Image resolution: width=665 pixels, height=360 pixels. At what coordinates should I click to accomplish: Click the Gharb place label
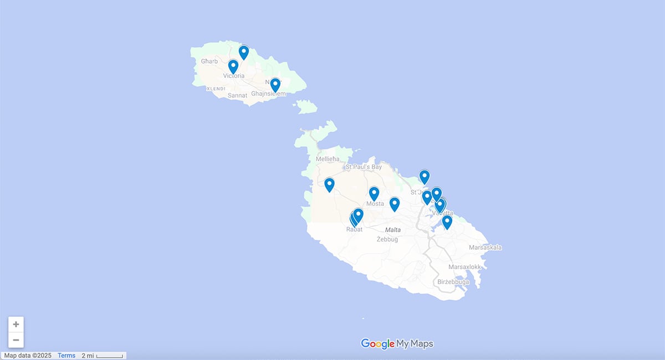(209, 61)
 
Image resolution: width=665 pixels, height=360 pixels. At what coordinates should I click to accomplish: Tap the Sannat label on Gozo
(237, 96)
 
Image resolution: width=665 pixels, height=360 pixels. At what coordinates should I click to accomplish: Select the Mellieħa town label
(327, 159)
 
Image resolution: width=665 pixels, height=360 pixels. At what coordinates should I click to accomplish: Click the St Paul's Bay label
(364, 167)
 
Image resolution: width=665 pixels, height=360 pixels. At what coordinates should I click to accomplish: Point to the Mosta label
(375, 204)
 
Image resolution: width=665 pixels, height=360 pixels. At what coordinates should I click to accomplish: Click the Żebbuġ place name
(388, 239)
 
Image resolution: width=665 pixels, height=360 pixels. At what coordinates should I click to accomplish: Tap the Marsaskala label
(485, 248)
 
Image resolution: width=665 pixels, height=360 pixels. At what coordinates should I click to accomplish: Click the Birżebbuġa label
(453, 282)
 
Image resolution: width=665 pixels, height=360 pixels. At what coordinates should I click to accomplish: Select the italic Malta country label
(393, 229)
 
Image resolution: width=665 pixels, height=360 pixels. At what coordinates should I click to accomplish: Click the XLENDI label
(216, 89)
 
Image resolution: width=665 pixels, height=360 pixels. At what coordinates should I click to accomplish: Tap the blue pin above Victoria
(233, 66)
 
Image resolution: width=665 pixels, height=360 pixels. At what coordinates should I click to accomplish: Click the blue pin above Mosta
(374, 193)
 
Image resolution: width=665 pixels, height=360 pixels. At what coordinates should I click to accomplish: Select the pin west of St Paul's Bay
(329, 184)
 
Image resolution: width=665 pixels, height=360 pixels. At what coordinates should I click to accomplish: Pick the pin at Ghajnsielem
(275, 85)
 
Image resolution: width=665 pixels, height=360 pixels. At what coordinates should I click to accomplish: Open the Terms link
(66, 356)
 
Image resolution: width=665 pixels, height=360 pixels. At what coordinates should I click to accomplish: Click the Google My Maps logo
(397, 343)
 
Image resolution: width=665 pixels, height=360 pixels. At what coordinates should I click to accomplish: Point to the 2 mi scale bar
(103, 356)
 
